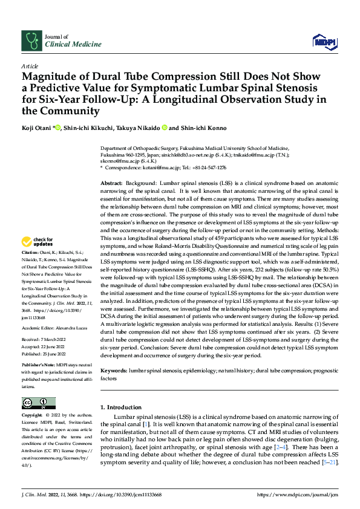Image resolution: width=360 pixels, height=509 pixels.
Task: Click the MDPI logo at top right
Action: point(324,41)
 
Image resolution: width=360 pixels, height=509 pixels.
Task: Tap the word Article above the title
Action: point(29,66)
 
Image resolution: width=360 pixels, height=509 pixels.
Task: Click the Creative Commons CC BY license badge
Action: point(38,403)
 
